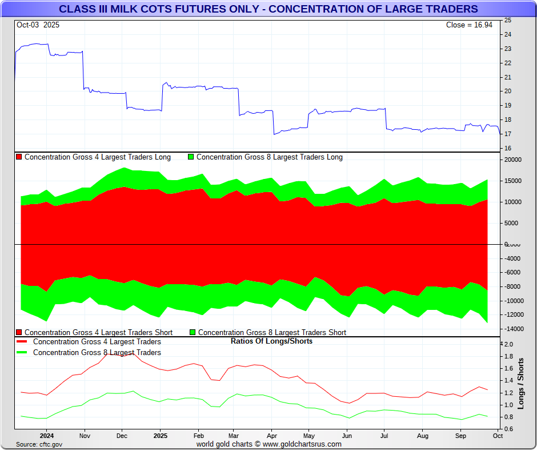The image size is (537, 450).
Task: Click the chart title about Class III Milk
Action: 268,9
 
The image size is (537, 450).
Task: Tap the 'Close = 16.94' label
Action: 471,25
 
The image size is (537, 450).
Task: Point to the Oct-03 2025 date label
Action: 38,25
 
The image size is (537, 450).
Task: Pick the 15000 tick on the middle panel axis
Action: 511,181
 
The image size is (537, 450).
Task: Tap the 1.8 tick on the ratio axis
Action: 508,357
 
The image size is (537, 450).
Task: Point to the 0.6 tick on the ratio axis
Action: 508,429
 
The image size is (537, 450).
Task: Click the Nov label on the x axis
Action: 85,436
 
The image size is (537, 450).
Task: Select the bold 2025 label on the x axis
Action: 161,436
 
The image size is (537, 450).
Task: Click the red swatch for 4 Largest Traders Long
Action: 19,157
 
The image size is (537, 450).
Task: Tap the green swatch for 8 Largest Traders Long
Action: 191,157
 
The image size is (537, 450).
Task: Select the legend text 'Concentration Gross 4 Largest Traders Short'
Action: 98,333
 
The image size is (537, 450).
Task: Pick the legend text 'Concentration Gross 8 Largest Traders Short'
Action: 272,333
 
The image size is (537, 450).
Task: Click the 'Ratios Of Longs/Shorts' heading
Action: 271,341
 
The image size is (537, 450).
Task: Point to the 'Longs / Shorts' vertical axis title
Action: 521,384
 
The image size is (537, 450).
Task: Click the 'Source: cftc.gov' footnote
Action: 39,444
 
